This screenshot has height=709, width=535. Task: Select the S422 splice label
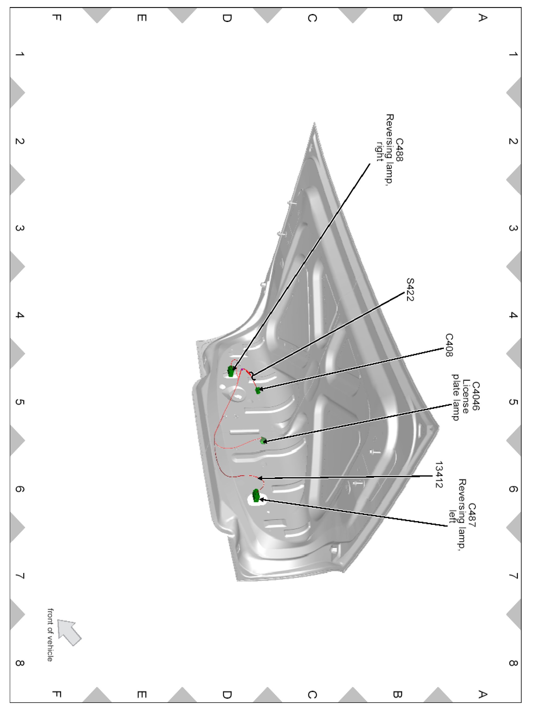tap(410, 290)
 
